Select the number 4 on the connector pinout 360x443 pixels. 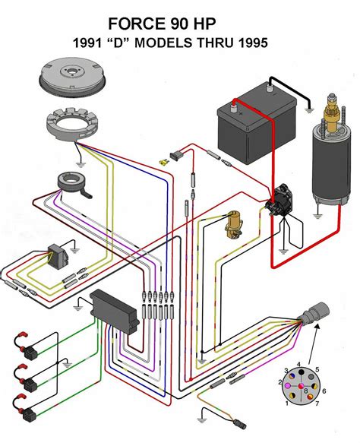(x=300, y=364)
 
